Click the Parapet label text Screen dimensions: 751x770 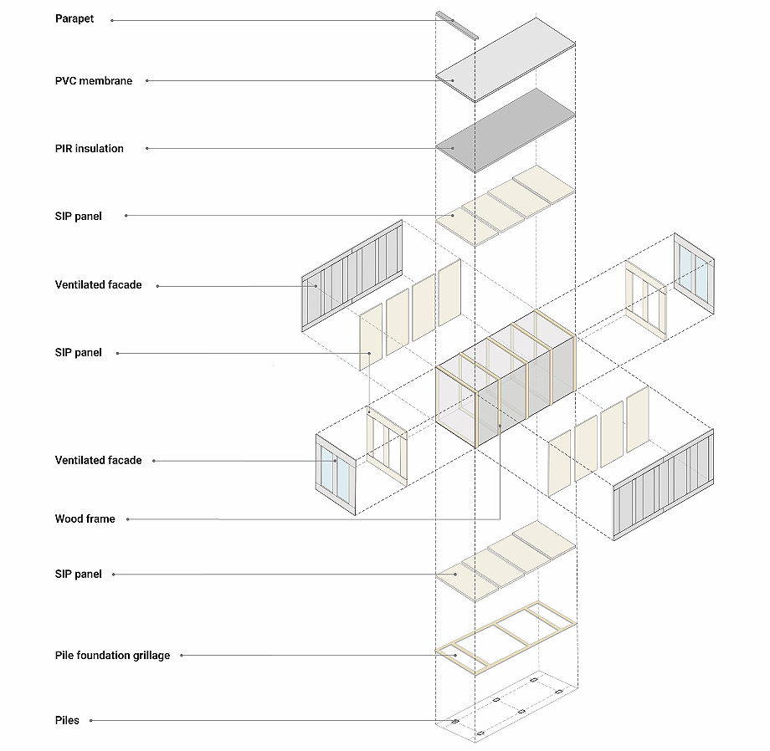tap(74, 18)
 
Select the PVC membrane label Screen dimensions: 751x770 tap(93, 81)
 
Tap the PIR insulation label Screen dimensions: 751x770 tap(89, 149)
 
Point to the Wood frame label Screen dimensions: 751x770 tap(85, 519)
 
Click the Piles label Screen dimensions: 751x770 tap(67, 720)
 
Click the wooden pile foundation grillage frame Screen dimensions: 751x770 tap(506, 636)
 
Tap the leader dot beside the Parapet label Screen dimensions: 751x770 tap(112, 19)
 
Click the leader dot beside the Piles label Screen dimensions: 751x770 tap(90, 720)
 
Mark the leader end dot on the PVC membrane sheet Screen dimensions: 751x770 tap(453, 81)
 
